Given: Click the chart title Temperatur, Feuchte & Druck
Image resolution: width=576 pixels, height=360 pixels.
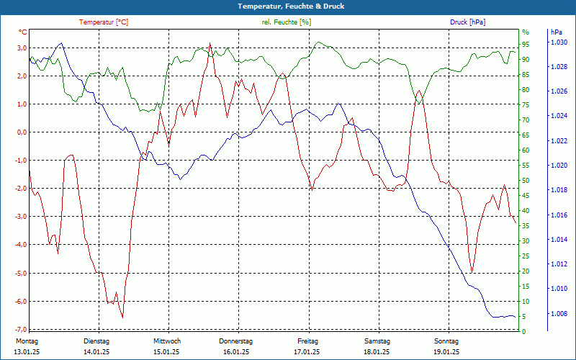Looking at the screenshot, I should click(x=288, y=6).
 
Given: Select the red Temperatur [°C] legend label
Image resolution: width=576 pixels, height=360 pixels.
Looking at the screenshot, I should click(x=104, y=22).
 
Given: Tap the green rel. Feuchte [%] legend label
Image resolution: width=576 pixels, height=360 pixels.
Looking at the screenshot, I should click(x=286, y=22).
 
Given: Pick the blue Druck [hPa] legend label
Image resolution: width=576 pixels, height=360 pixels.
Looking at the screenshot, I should click(x=467, y=22).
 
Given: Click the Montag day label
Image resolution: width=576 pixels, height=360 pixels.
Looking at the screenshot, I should click(x=27, y=341).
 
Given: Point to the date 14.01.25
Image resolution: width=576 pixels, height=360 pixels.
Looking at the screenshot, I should click(x=96, y=352).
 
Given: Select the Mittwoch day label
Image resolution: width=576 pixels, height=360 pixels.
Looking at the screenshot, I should click(x=167, y=341).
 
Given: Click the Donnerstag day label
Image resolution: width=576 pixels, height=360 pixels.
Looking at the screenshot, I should click(x=236, y=341).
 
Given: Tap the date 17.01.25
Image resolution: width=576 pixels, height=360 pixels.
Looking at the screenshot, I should click(x=307, y=352).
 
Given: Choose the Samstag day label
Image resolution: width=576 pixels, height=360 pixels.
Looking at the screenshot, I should click(x=377, y=341).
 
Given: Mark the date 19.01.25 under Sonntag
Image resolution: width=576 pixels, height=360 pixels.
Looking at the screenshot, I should click(x=446, y=352).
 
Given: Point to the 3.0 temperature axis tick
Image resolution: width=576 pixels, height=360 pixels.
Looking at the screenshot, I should click(x=22, y=48).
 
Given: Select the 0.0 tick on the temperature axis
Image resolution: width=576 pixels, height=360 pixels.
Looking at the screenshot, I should click(x=22, y=132).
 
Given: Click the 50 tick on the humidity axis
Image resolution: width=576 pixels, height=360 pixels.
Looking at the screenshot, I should click(x=526, y=181).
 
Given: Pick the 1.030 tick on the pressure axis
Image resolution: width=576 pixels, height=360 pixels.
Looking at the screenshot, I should click(x=559, y=42).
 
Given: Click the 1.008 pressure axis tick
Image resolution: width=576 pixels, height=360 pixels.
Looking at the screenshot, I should click(x=559, y=314).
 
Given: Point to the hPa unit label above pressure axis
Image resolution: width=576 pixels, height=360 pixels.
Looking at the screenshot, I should click(x=556, y=32).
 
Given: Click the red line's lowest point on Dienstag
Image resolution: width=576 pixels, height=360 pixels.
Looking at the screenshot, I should click(x=122, y=317).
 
